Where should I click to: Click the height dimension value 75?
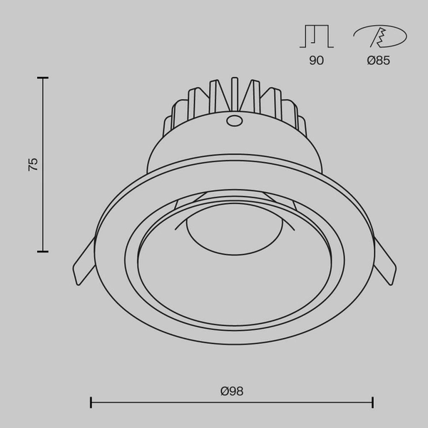pos(33,164)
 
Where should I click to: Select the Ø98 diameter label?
pos(232,391)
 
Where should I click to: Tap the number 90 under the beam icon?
pos(316,61)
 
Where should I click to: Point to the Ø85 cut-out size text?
pos(378,61)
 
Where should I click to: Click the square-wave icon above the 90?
pos(316,36)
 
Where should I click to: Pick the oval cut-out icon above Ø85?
pos(379,36)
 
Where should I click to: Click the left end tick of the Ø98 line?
pos(91,403)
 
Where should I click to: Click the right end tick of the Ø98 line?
pos(372,403)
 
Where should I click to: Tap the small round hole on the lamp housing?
pos(233,121)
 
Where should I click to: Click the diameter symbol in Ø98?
pos(224,391)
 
